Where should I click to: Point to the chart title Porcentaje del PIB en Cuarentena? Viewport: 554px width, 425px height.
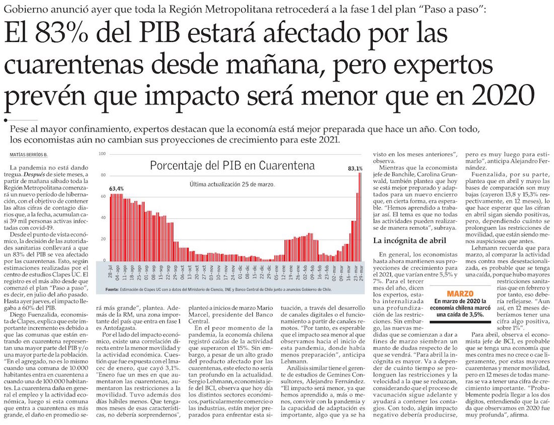pos(232,165)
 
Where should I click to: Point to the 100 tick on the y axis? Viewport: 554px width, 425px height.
pos(102,153)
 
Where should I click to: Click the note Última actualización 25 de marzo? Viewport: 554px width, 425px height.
pos(232,184)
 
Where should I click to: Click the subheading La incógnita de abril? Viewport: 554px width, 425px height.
pos(403,241)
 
